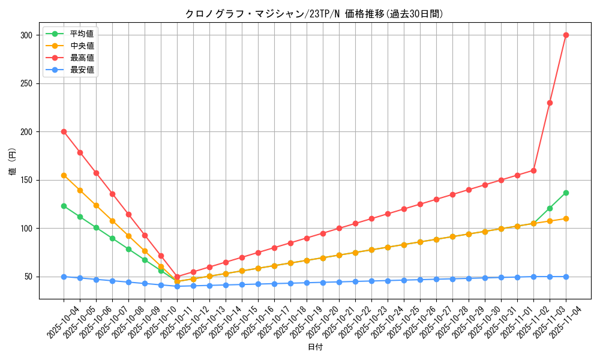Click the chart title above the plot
click(x=314, y=14)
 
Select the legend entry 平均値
click(x=82, y=34)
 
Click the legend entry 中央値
click(x=82, y=46)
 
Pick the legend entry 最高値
click(x=82, y=58)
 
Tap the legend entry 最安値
click(x=82, y=70)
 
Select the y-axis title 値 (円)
click(x=12, y=161)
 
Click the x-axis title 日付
click(x=314, y=347)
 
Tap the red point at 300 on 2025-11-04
click(x=566, y=35)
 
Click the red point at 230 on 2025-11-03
click(x=550, y=103)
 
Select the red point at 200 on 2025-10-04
click(x=64, y=131)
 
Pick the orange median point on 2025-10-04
click(x=64, y=175)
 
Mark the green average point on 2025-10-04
click(x=64, y=206)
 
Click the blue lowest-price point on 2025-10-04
click(x=64, y=277)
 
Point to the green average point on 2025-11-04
click(x=566, y=193)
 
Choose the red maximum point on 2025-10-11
click(x=177, y=277)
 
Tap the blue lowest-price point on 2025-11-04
click(x=566, y=277)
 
